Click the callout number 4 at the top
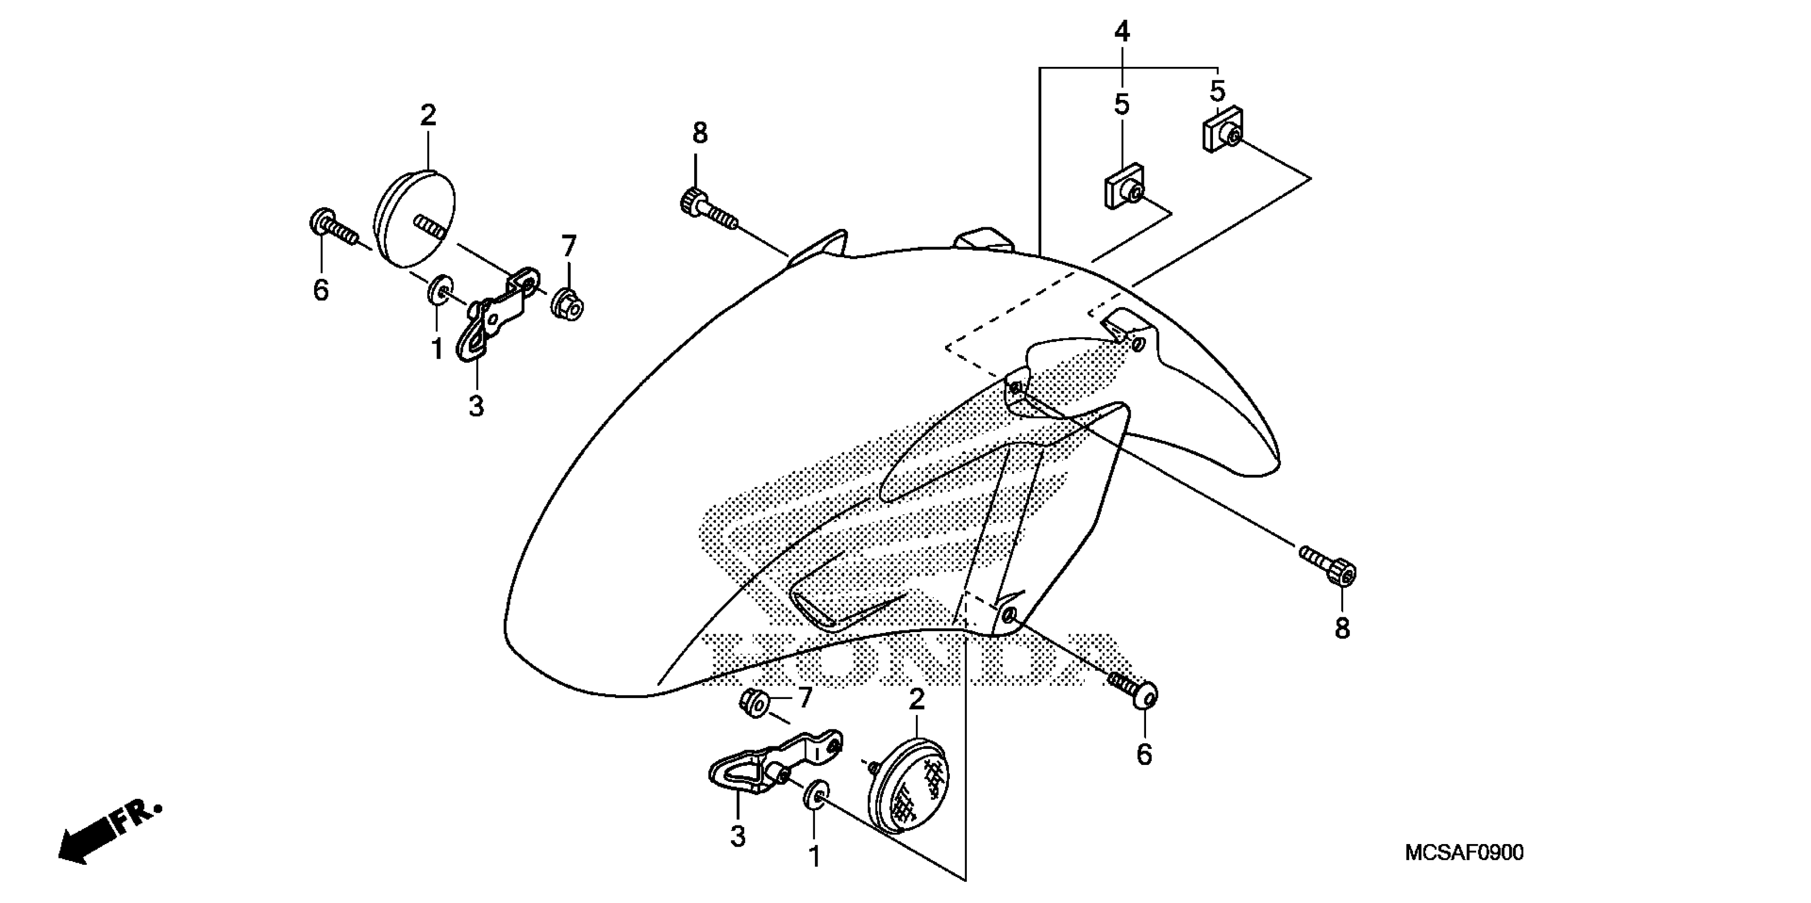pos(1122,32)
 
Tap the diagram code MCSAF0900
pos(1464,853)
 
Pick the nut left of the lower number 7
pos(754,703)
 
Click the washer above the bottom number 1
pos(814,794)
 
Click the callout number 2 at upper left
pos(427,115)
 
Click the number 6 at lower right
pos(1144,755)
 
